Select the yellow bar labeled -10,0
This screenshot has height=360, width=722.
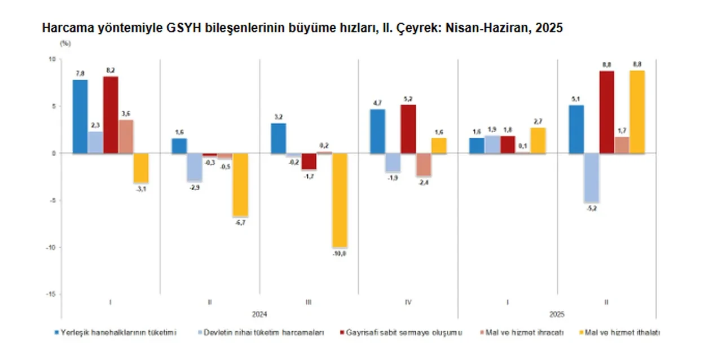pos(340,200)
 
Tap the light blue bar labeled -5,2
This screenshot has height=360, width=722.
pos(591,177)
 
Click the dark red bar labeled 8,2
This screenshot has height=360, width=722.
pos(111,115)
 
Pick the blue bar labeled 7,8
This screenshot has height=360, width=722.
pos(80,116)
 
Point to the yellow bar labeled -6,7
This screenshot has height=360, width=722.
pos(240,185)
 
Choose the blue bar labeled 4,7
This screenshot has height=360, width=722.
pos(377,131)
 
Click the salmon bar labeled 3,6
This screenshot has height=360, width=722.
pos(126,136)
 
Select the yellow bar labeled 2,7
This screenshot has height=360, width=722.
pos(538,141)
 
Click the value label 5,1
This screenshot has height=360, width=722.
pos(576,99)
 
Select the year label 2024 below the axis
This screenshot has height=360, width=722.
pos(259,314)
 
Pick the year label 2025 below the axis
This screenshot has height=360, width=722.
pos(557,314)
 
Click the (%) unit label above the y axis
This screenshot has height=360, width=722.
pos(65,43)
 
